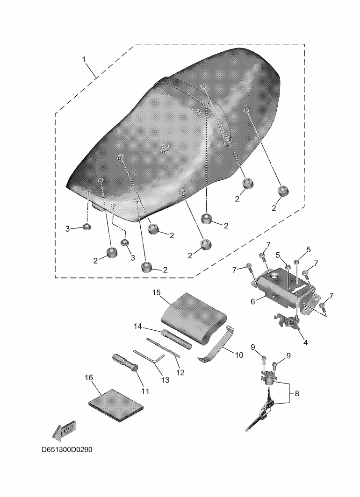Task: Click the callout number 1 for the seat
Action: [x=84, y=59]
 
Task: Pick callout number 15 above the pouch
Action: [x=157, y=292]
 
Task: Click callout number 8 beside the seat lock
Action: [x=296, y=394]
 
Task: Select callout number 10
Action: [x=238, y=355]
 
